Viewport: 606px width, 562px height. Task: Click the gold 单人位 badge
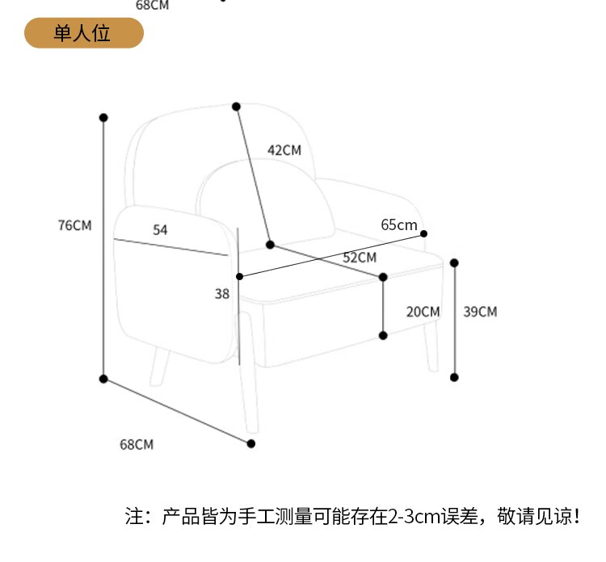(x=83, y=33)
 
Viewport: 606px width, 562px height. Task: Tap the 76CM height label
(x=74, y=225)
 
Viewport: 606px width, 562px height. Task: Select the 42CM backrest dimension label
(x=284, y=149)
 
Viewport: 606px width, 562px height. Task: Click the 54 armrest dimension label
(x=160, y=230)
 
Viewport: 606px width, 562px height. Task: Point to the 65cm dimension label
(x=399, y=224)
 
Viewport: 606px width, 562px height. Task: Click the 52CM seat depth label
(x=360, y=258)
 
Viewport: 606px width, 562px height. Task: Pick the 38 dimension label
(x=222, y=295)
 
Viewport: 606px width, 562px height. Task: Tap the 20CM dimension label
(x=423, y=312)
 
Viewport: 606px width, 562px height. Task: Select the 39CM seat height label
(x=480, y=312)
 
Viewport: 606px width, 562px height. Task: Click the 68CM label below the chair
(x=137, y=444)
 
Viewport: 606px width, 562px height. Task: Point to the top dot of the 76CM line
(x=103, y=118)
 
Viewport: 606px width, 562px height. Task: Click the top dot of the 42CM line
(x=237, y=107)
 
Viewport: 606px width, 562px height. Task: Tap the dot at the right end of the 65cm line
(x=424, y=233)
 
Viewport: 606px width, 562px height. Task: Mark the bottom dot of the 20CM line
(x=383, y=335)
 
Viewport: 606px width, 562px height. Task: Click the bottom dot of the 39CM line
(x=454, y=377)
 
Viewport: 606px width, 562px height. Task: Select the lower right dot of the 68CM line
(x=251, y=443)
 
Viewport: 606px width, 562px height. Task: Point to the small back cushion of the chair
(x=267, y=198)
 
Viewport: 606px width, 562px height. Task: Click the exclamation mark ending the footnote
(x=576, y=516)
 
